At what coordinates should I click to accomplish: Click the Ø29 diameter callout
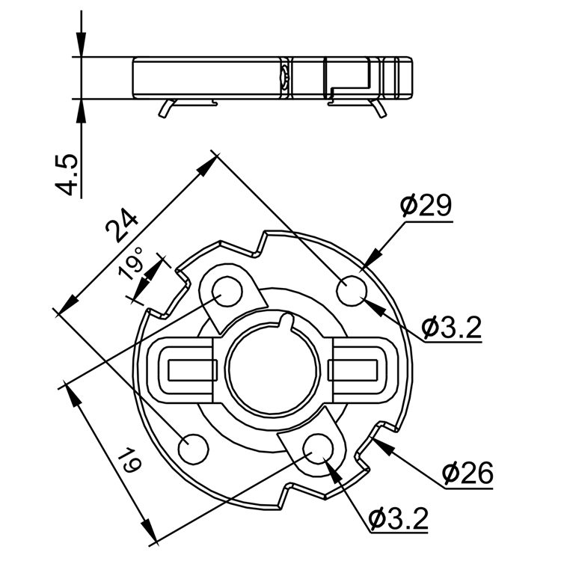click(x=426, y=205)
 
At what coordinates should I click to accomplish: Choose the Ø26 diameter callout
click(x=467, y=473)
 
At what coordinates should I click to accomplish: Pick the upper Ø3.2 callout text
click(x=450, y=327)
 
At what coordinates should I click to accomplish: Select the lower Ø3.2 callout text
click(x=399, y=517)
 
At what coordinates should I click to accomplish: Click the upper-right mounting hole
click(x=351, y=291)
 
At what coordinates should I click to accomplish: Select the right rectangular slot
click(x=355, y=370)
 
